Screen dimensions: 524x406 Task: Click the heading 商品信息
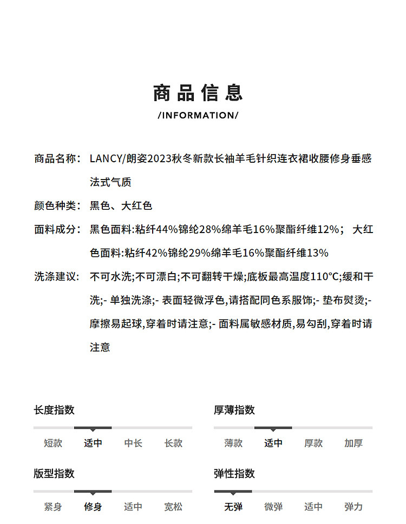198,93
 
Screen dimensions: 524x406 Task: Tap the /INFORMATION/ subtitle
198,115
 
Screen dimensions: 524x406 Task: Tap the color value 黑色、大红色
121,205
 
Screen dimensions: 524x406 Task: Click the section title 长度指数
54,410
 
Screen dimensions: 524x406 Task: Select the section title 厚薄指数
234,410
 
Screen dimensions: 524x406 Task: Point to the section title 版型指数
54,474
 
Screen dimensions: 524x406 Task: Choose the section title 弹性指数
234,474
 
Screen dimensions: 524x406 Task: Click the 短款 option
53,443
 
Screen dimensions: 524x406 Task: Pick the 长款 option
174,443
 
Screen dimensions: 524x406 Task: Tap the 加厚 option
353,443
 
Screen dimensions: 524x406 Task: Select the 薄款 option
233,443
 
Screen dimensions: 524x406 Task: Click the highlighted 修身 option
93,507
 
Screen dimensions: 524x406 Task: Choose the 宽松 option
174,507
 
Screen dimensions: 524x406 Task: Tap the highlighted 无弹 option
233,507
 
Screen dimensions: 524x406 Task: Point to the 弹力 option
353,507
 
